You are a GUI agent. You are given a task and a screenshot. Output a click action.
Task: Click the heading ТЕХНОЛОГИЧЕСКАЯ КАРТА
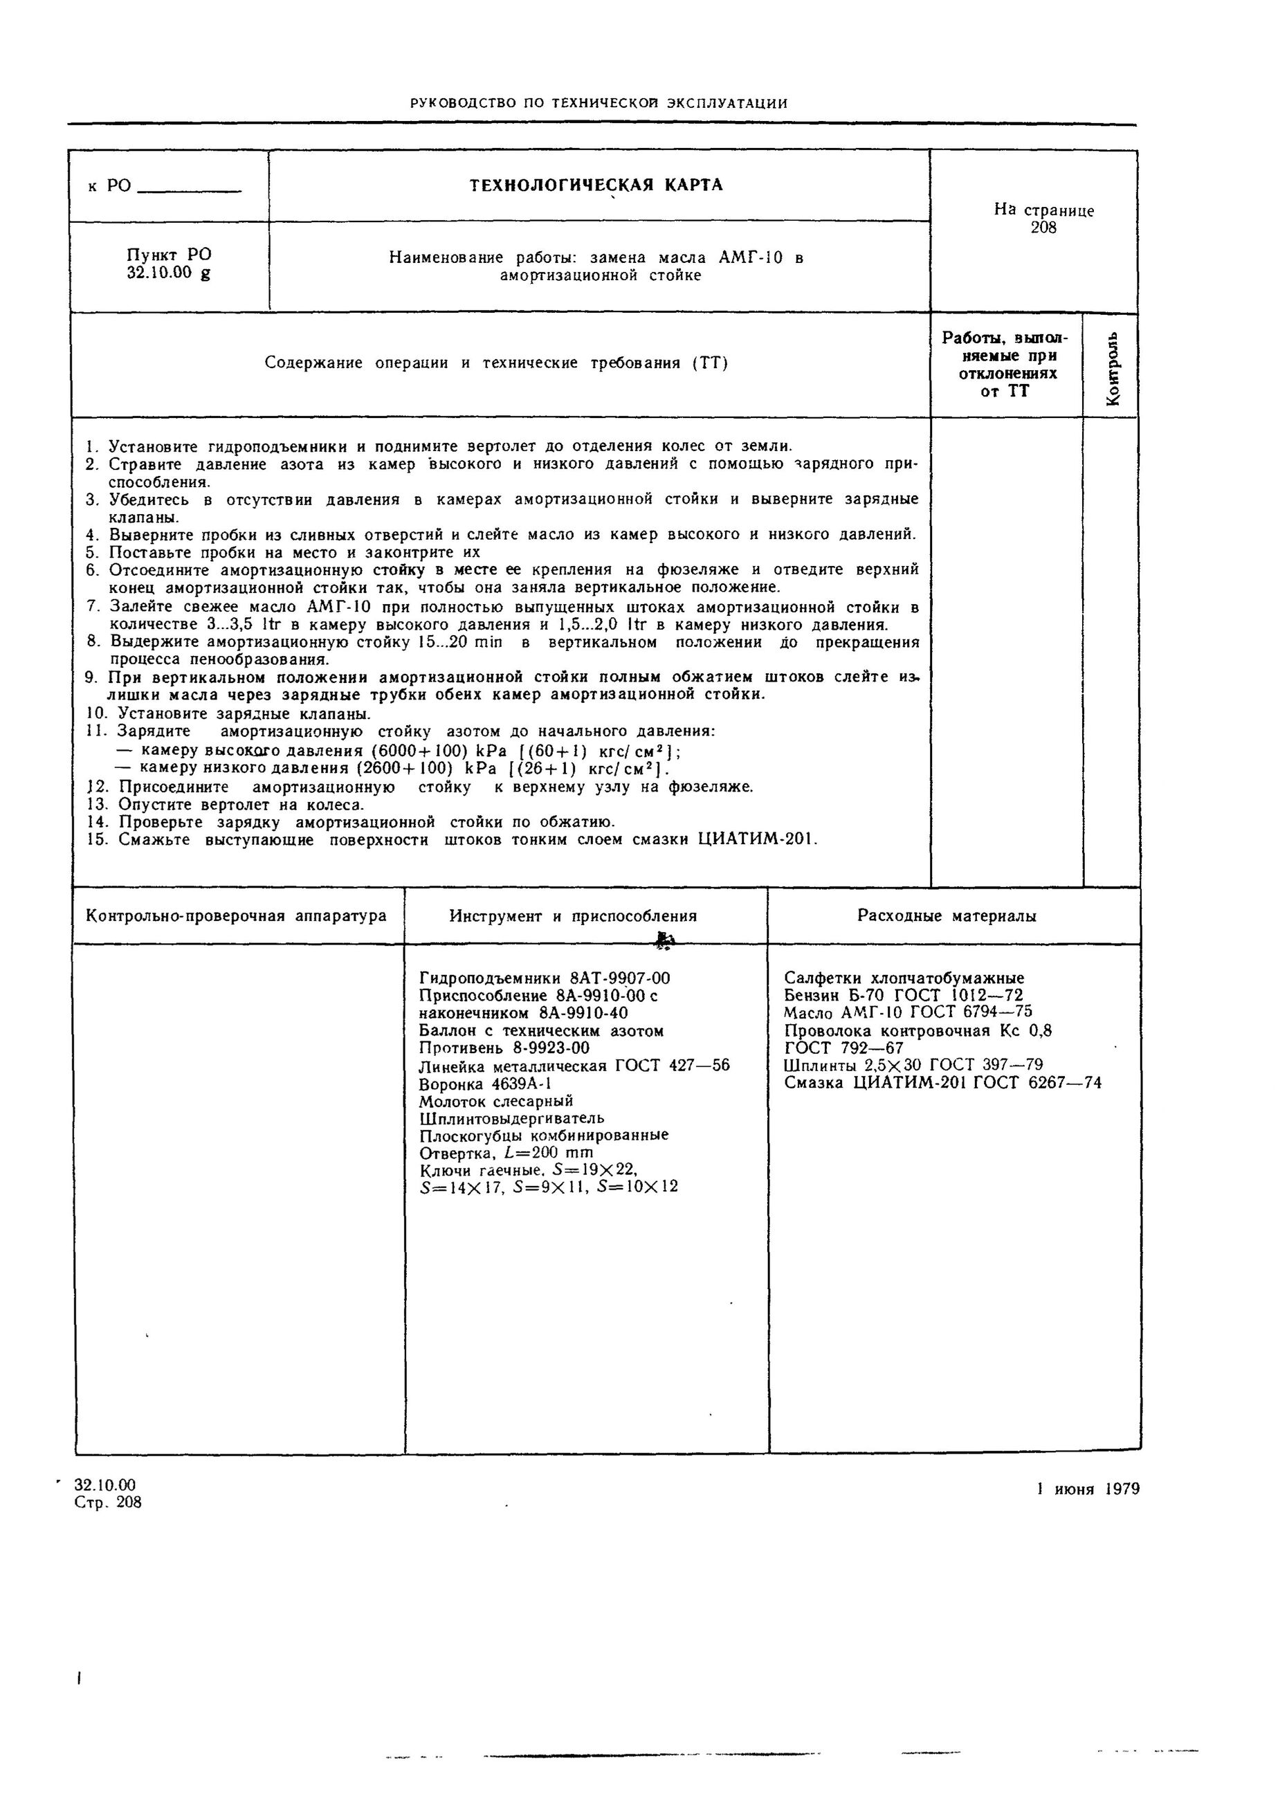pyautogui.click(x=596, y=185)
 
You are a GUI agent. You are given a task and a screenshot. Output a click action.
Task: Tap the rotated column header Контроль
pyautogui.click(x=1112, y=367)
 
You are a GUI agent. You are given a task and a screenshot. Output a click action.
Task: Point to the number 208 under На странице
pyautogui.click(x=1043, y=228)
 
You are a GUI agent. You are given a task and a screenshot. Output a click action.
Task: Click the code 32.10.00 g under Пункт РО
pyautogui.click(x=168, y=274)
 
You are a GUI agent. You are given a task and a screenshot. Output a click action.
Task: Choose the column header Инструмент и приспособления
pyautogui.click(x=573, y=916)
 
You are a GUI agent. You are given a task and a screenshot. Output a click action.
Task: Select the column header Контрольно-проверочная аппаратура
pyautogui.click(x=236, y=916)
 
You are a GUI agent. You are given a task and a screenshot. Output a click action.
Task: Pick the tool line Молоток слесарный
pyautogui.click(x=497, y=1101)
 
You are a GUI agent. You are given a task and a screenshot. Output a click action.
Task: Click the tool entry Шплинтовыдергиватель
pyautogui.click(x=511, y=1118)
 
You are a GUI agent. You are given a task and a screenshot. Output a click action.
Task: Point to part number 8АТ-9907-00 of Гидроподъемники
pyautogui.click(x=619, y=979)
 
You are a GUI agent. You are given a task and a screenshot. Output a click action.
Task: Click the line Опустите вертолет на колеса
pyautogui.click(x=241, y=805)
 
